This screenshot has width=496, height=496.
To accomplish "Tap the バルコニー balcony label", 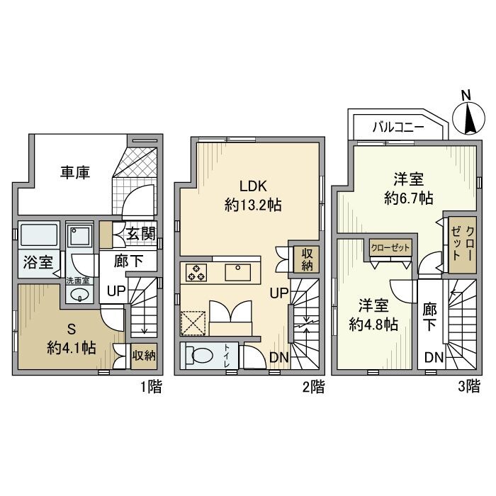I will click(x=398, y=128).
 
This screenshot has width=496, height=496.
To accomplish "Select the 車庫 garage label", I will click(x=74, y=172).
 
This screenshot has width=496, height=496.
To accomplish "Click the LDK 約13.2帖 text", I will click(x=252, y=196).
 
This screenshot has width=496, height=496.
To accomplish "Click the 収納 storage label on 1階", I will click(x=145, y=355).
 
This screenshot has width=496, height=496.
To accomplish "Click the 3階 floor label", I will click(x=468, y=386).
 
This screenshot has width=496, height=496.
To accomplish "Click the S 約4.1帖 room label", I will click(x=72, y=339).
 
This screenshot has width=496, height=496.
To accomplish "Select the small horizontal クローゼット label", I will click(x=390, y=247).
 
